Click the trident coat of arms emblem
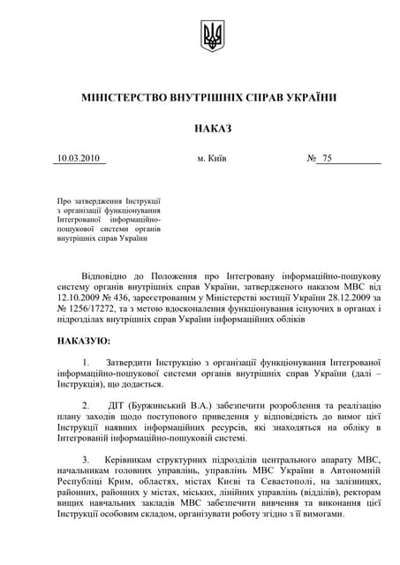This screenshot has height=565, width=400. point(213,36)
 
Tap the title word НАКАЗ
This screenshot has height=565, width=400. point(212,129)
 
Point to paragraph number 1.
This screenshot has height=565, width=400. point(86,362)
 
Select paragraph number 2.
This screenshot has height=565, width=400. point(86,405)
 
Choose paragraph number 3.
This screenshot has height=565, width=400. point(86,460)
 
